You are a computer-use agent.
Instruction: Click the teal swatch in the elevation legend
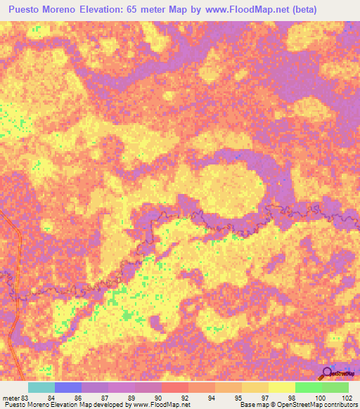[x=41, y=387]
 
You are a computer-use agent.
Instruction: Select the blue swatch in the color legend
[x=68, y=387]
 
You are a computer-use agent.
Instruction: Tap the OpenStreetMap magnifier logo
[x=326, y=372]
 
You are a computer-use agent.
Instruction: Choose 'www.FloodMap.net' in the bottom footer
[x=162, y=405]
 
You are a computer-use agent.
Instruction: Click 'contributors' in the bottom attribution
[x=337, y=405]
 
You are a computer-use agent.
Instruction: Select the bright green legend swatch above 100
[x=309, y=387]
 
